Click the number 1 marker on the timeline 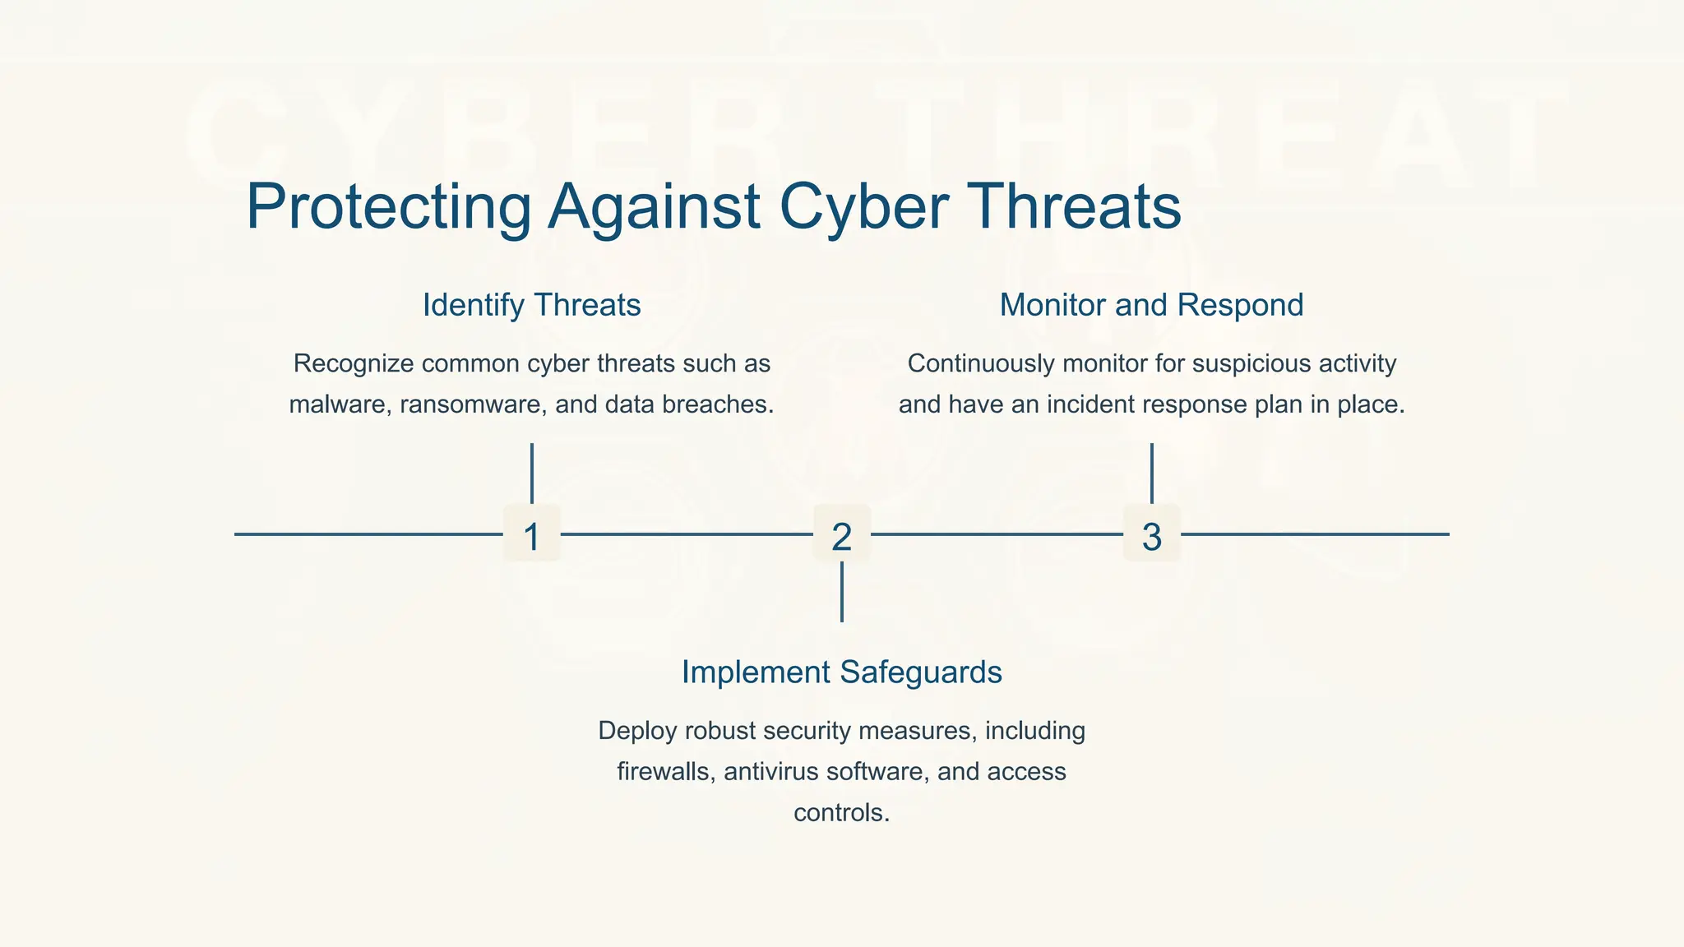(x=531, y=535)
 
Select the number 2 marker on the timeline (x=841, y=535)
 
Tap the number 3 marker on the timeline (x=1151, y=535)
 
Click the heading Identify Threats (x=531, y=305)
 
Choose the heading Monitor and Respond (x=1151, y=305)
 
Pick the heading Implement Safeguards (x=841, y=672)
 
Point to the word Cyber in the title (x=863, y=207)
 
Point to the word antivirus (x=773, y=772)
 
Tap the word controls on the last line (x=841, y=813)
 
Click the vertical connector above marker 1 (x=532, y=473)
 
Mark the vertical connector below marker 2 (x=841, y=592)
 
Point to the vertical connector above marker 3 (x=1151, y=473)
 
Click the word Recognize (x=353, y=363)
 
